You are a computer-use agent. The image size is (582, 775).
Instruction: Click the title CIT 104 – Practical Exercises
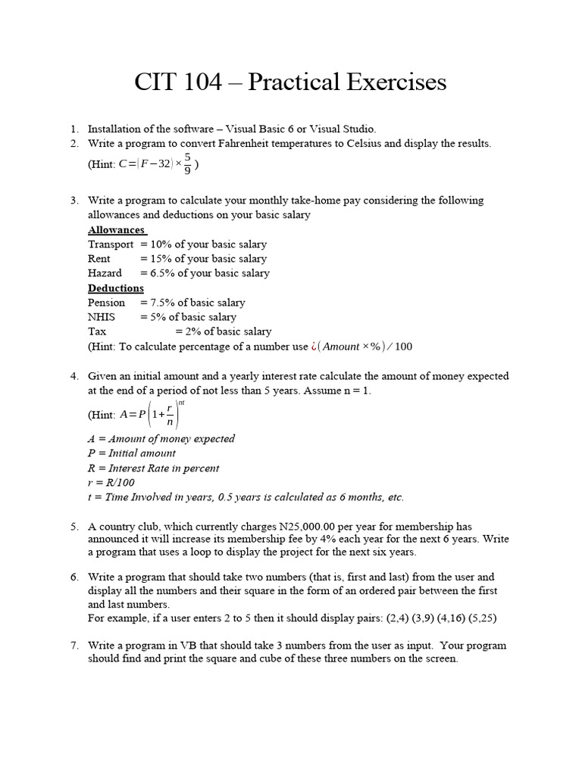[290, 82]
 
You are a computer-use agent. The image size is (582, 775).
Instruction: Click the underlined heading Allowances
[116, 230]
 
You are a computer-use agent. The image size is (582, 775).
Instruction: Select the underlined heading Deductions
[115, 288]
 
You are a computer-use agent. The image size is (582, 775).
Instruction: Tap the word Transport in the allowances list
[111, 244]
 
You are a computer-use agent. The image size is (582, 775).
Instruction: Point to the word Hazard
[105, 273]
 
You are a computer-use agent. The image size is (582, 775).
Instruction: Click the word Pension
[107, 303]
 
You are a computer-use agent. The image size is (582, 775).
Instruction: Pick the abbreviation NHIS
[102, 317]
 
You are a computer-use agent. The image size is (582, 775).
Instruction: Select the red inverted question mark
[313, 347]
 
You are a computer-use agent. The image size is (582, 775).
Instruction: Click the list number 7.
[74, 646]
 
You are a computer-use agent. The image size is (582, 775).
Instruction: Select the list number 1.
[74, 129]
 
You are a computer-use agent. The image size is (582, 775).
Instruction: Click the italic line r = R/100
[111, 483]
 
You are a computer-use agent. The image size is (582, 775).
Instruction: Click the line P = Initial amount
[132, 453]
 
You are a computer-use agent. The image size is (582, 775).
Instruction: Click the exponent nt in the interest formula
[181, 402]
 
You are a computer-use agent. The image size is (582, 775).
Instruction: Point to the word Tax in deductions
[97, 331]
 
